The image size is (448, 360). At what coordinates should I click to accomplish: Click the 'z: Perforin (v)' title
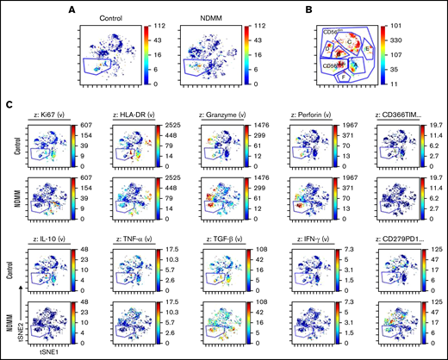tap(311, 114)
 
